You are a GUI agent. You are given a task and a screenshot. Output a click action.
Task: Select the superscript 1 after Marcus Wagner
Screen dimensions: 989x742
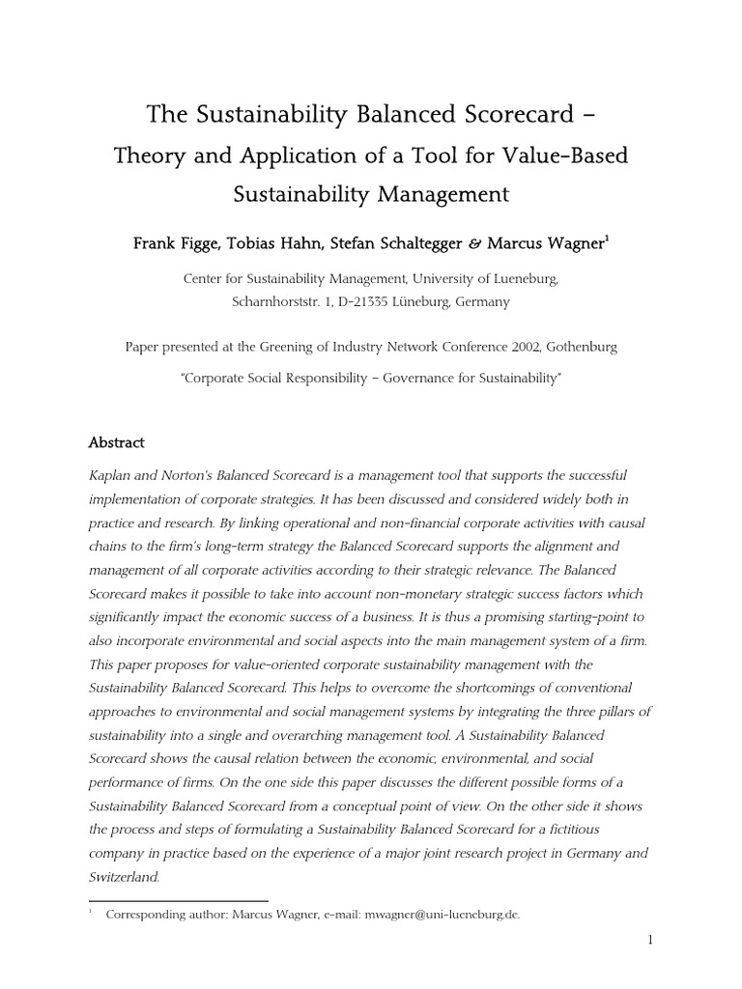pos(606,239)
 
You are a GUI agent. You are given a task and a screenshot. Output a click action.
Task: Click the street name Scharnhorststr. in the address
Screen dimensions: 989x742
pos(274,300)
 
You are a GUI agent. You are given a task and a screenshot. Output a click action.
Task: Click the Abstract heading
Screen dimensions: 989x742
pos(116,442)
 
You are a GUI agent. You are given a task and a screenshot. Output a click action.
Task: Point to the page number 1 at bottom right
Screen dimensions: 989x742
pos(651,939)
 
